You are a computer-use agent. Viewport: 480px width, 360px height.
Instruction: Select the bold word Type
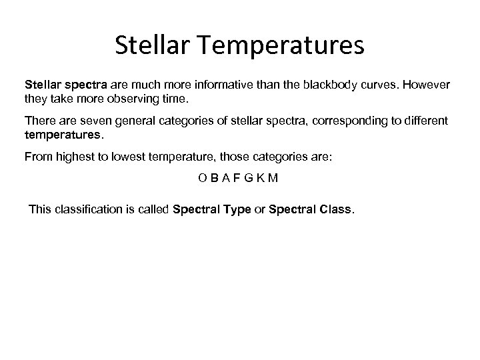(237, 210)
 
